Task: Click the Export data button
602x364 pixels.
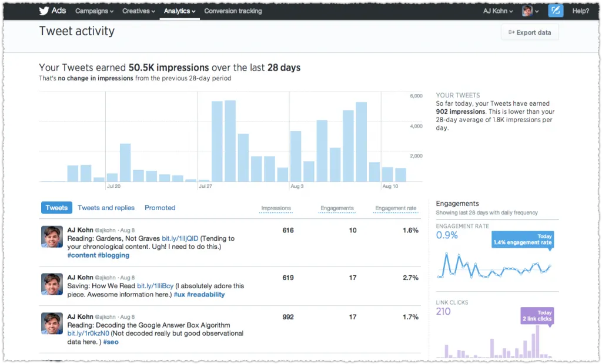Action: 530,32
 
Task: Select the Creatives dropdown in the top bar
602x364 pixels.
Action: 138,11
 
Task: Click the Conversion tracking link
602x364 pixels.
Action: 233,11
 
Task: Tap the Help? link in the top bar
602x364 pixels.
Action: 580,11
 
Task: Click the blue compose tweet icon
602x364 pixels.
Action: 556,11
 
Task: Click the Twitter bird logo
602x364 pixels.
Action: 44,11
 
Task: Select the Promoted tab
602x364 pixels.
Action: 160,208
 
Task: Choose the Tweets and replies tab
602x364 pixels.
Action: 106,208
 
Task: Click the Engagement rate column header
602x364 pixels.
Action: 396,208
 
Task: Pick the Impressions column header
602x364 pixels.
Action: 276,208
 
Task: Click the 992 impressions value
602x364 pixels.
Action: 287,317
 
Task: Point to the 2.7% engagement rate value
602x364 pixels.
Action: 410,278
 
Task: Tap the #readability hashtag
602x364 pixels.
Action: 206,295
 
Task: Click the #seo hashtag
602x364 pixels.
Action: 111,342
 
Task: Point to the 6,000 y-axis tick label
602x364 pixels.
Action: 416,96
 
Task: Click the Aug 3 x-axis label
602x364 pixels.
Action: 297,187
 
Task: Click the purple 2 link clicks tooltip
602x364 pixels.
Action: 537,316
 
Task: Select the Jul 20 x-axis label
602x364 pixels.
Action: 113,187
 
